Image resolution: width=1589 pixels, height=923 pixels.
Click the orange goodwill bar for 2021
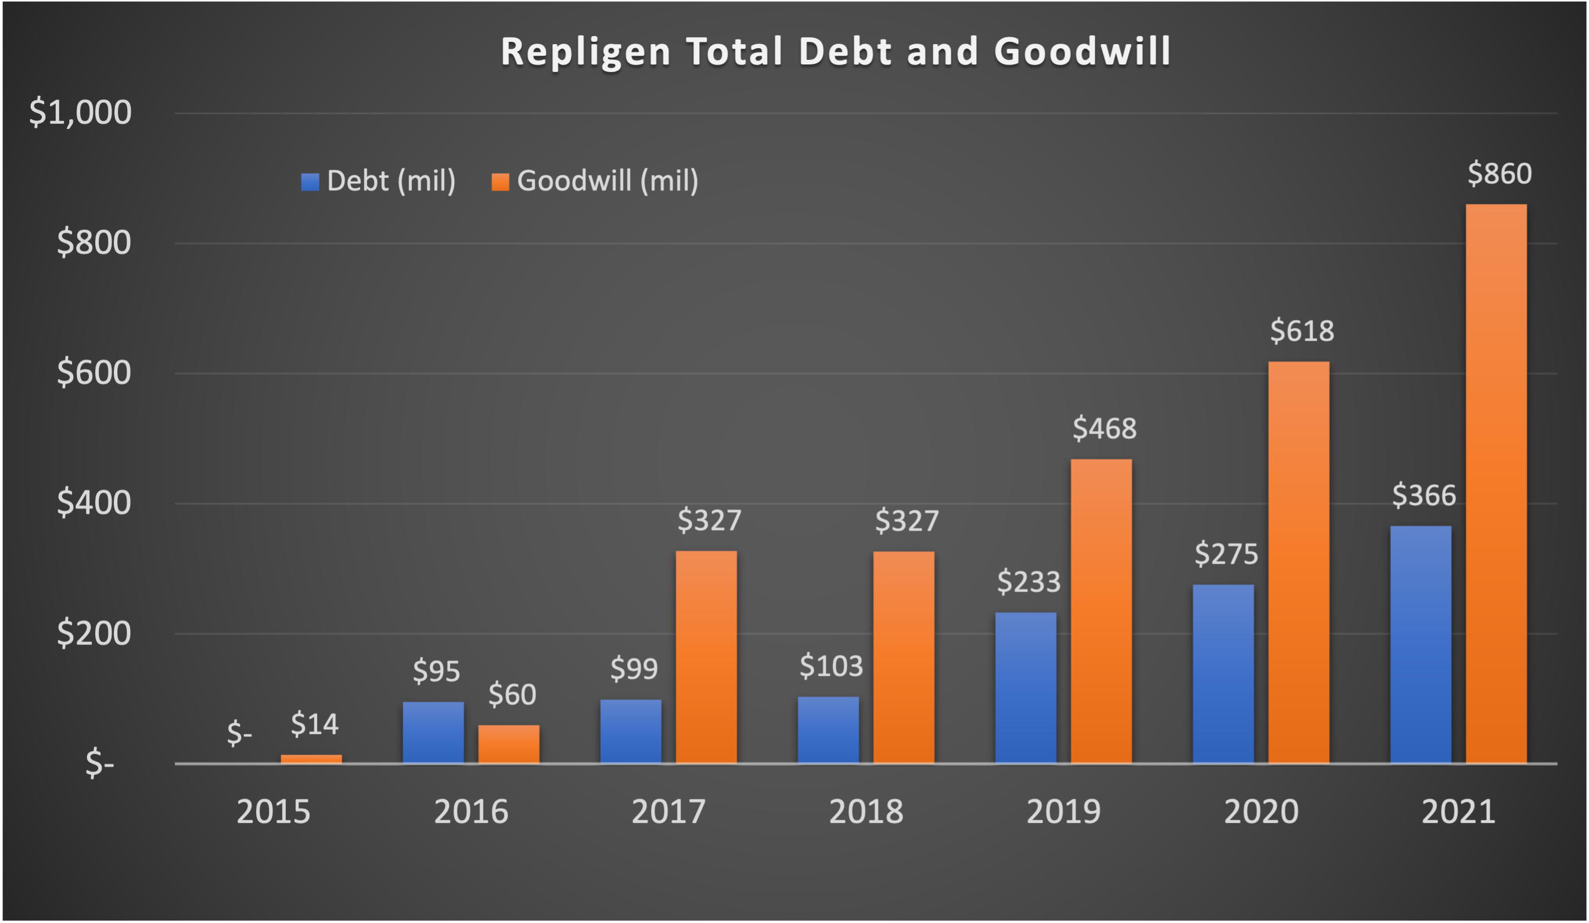1495,484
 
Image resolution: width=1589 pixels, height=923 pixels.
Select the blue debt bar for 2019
1025,687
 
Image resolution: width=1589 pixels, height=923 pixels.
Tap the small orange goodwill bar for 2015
311,759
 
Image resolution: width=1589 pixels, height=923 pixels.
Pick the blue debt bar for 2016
433,732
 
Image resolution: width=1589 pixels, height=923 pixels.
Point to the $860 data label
1500,174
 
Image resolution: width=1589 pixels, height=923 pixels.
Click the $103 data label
831,666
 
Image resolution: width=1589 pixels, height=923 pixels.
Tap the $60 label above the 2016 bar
512,694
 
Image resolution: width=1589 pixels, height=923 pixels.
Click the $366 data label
1424,496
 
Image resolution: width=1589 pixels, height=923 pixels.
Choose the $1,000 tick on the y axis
80,112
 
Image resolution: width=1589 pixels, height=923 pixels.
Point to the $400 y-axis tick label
94,503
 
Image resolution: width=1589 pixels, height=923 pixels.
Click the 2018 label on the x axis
866,812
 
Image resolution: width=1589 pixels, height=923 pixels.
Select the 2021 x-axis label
1458,812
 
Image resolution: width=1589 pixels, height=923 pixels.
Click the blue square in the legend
310,182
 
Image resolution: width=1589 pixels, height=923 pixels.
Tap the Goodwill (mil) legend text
607,181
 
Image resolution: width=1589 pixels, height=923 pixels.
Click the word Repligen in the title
586,51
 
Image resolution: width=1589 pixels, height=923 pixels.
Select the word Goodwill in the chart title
1082,51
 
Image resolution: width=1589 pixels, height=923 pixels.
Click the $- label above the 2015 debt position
240,733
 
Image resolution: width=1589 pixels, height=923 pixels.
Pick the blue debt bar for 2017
631,731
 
